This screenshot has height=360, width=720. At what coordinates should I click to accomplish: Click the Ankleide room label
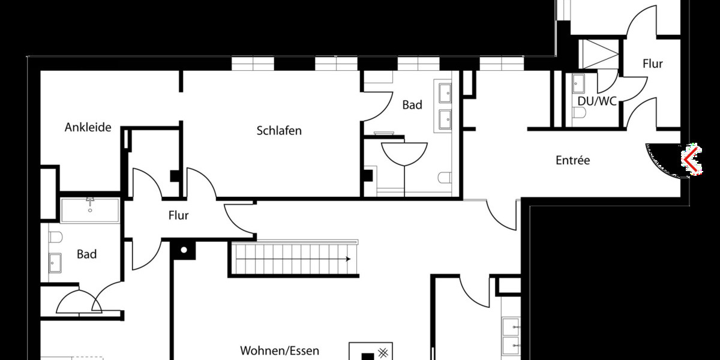(88, 127)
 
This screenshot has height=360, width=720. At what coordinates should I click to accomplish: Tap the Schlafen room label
(279, 130)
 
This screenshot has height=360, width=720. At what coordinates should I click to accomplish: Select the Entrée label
(572, 160)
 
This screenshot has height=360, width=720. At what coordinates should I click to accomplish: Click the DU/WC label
(597, 101)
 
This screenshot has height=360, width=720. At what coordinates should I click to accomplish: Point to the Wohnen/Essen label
(280, 350)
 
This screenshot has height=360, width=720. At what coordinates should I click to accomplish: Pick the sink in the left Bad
(55, 262)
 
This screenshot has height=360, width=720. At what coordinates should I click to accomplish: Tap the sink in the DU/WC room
(578, 82)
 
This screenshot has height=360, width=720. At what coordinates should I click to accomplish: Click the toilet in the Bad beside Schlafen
(445, 178)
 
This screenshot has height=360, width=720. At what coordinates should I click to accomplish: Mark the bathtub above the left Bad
(91, 210)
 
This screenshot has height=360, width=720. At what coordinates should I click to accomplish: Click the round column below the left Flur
(184, 250)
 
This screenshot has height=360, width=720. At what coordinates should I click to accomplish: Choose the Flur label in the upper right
(652, 63)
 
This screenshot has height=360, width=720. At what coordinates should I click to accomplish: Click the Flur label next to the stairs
(178, 215)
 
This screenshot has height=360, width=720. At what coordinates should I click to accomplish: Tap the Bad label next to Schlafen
(412, 105)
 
